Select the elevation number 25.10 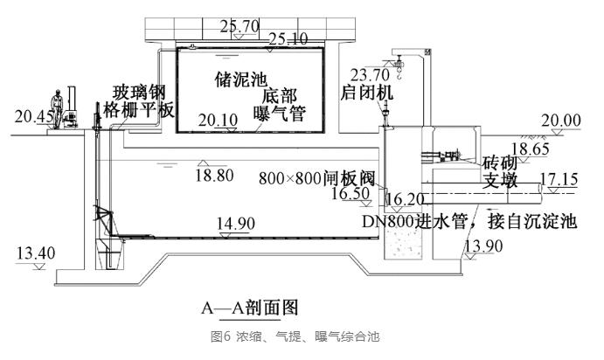[288, 38]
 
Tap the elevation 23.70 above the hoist [365, 74]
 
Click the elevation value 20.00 [561, 120]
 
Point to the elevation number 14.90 [236, 224]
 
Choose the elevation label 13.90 [483, 246]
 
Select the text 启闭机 [366, 92]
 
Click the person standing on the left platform [58, 107]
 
